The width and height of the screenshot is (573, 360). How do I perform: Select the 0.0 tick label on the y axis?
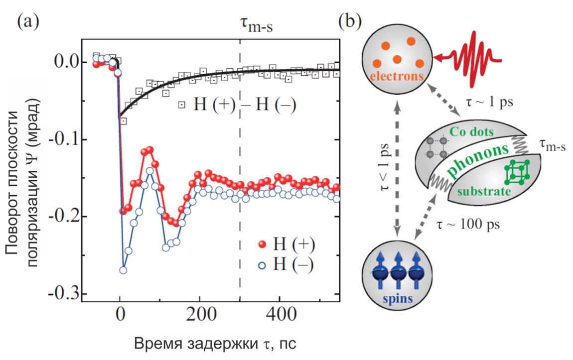pyautogui.click(x=67, y=62)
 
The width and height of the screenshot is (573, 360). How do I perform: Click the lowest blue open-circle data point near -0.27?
pyautogui.click(x=123, y=270)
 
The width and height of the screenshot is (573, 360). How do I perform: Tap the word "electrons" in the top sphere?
pyautogui.click(x=397, y=77)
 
